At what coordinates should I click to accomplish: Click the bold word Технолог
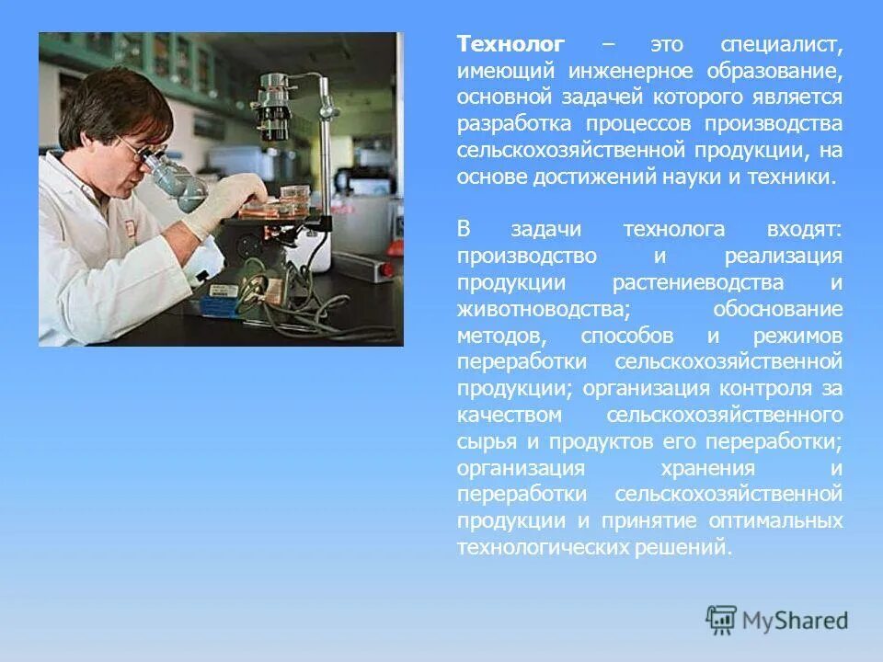pos(511,45)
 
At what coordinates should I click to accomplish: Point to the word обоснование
pos(776,308)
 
